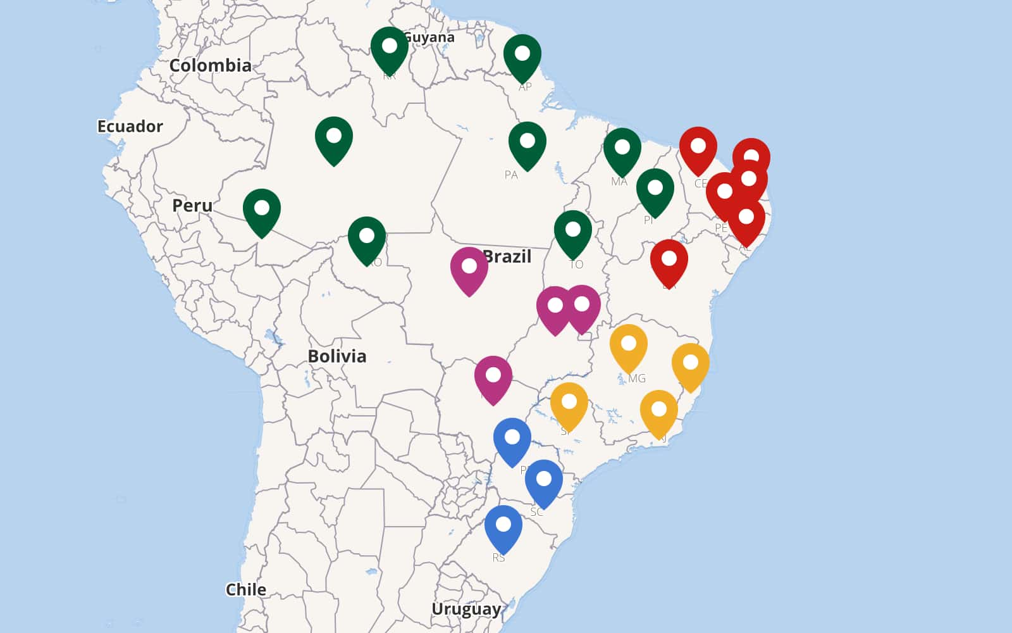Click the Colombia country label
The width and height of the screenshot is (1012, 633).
tap(210, 65)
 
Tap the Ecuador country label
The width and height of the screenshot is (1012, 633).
tap(130, 126)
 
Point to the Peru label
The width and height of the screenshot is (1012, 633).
tap(192, 205)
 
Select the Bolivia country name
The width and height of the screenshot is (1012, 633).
tap(336, 356)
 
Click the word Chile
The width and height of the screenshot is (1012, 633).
tap(245, 589)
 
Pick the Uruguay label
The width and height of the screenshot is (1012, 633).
tap(466, 609)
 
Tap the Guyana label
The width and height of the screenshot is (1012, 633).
tap(431, 37)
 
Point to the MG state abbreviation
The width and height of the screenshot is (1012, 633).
tap(637, 379)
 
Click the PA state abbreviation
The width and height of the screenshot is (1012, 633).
tap(511, 175)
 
